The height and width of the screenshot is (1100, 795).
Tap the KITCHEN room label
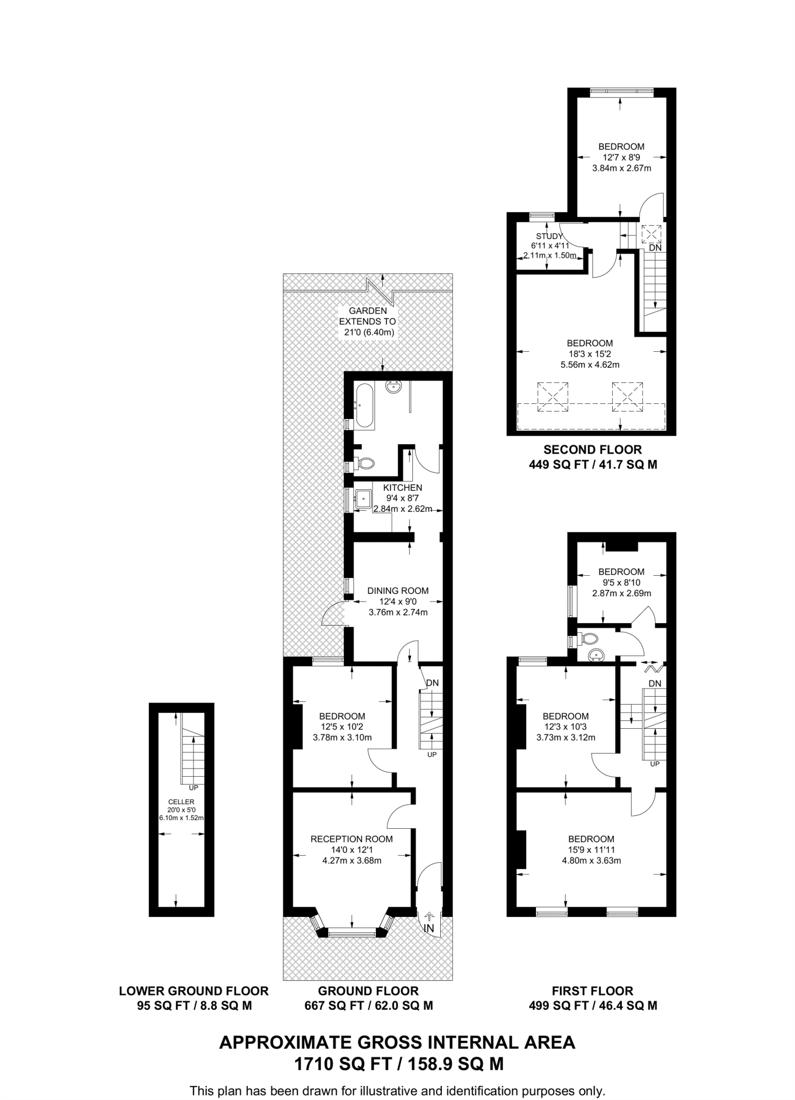[402, 488]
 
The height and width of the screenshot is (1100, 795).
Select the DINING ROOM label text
[398, 591]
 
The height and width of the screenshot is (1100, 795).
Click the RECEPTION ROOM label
[352, 839]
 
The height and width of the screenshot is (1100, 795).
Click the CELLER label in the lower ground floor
[181, 802]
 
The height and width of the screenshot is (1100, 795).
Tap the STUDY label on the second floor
[549, 236]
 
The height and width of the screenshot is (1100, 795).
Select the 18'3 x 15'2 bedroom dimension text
[590, 354]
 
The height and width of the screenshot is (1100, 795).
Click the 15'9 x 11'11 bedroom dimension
[591, 850]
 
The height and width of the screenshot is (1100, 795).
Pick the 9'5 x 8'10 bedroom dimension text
[621, 583]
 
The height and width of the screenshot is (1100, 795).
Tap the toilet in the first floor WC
[588, 639]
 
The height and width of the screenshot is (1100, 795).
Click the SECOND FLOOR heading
[592, 450]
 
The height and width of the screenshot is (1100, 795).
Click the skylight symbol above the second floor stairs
[651, 234]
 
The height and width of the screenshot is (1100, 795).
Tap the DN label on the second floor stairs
[655, 248]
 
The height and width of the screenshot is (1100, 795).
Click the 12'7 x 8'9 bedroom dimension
[621, 157]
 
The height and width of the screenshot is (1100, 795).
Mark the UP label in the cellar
[194, 788]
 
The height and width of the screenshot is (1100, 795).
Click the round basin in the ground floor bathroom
[395, 387]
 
